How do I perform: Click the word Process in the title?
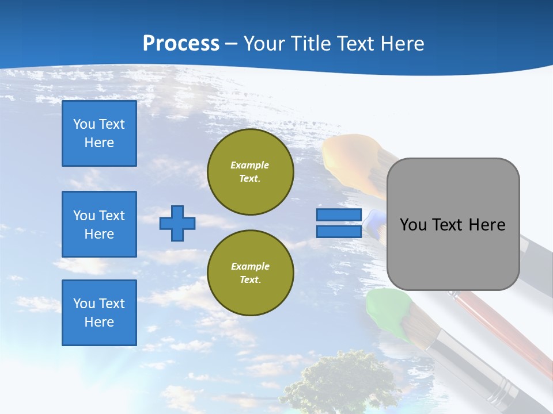181,43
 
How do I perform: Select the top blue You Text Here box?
99,133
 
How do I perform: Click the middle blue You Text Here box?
99,224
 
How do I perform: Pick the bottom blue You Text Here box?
99,313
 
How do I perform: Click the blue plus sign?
177,223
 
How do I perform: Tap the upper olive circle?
251,171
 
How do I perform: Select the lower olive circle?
251,273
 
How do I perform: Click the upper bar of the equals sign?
339,215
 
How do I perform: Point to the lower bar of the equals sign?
339,231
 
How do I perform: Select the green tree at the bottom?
340,382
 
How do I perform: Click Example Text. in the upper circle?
250,171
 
